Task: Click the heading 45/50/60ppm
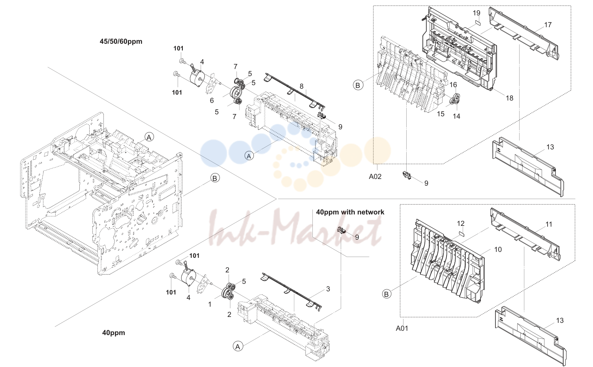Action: point(121,41)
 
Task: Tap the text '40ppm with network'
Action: point(350,212)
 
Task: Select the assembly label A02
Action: point(375,177)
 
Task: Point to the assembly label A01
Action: point(402,328)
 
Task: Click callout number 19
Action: point(477,13)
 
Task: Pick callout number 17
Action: point(548,25)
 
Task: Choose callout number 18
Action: point(509,98)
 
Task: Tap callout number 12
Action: point(461,224)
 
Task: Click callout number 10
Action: point(498,250)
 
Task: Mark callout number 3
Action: point(328,289)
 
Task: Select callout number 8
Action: point(301,86)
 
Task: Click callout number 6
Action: point(212,101)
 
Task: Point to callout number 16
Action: point(453,85)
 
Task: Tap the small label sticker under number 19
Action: point(477,22)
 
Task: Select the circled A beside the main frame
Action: point(149,138)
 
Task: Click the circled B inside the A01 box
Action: point(387,294)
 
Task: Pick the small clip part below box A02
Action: point(407,175)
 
